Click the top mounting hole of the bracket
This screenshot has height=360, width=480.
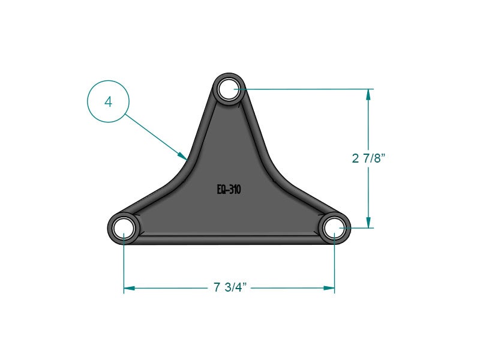pyautogui.click(x=229, y=89)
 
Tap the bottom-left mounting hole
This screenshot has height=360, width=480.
pyautogui.click(x=124, y=228)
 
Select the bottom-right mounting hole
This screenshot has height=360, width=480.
pyautogui.click(x=334, y=228)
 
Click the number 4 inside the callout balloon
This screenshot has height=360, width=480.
pyautogui.click(x=108, y=102)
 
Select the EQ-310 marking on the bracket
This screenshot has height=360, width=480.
pyautogui.click(x=229, y=190)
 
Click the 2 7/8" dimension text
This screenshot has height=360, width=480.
pyautogui.click(x=368, y=158)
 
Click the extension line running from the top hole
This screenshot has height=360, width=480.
pyautogui.click(x=300, y=89)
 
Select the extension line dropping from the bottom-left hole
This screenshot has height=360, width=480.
pyautogui.click(x=124, y=264)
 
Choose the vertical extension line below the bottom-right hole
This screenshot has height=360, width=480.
pyautogui.click(x=334, y=264)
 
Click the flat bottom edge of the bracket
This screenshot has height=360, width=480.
pyautogui.click(x=229, y=243)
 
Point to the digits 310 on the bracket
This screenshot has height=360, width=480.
pyautogui.click(x=235, y=190)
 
